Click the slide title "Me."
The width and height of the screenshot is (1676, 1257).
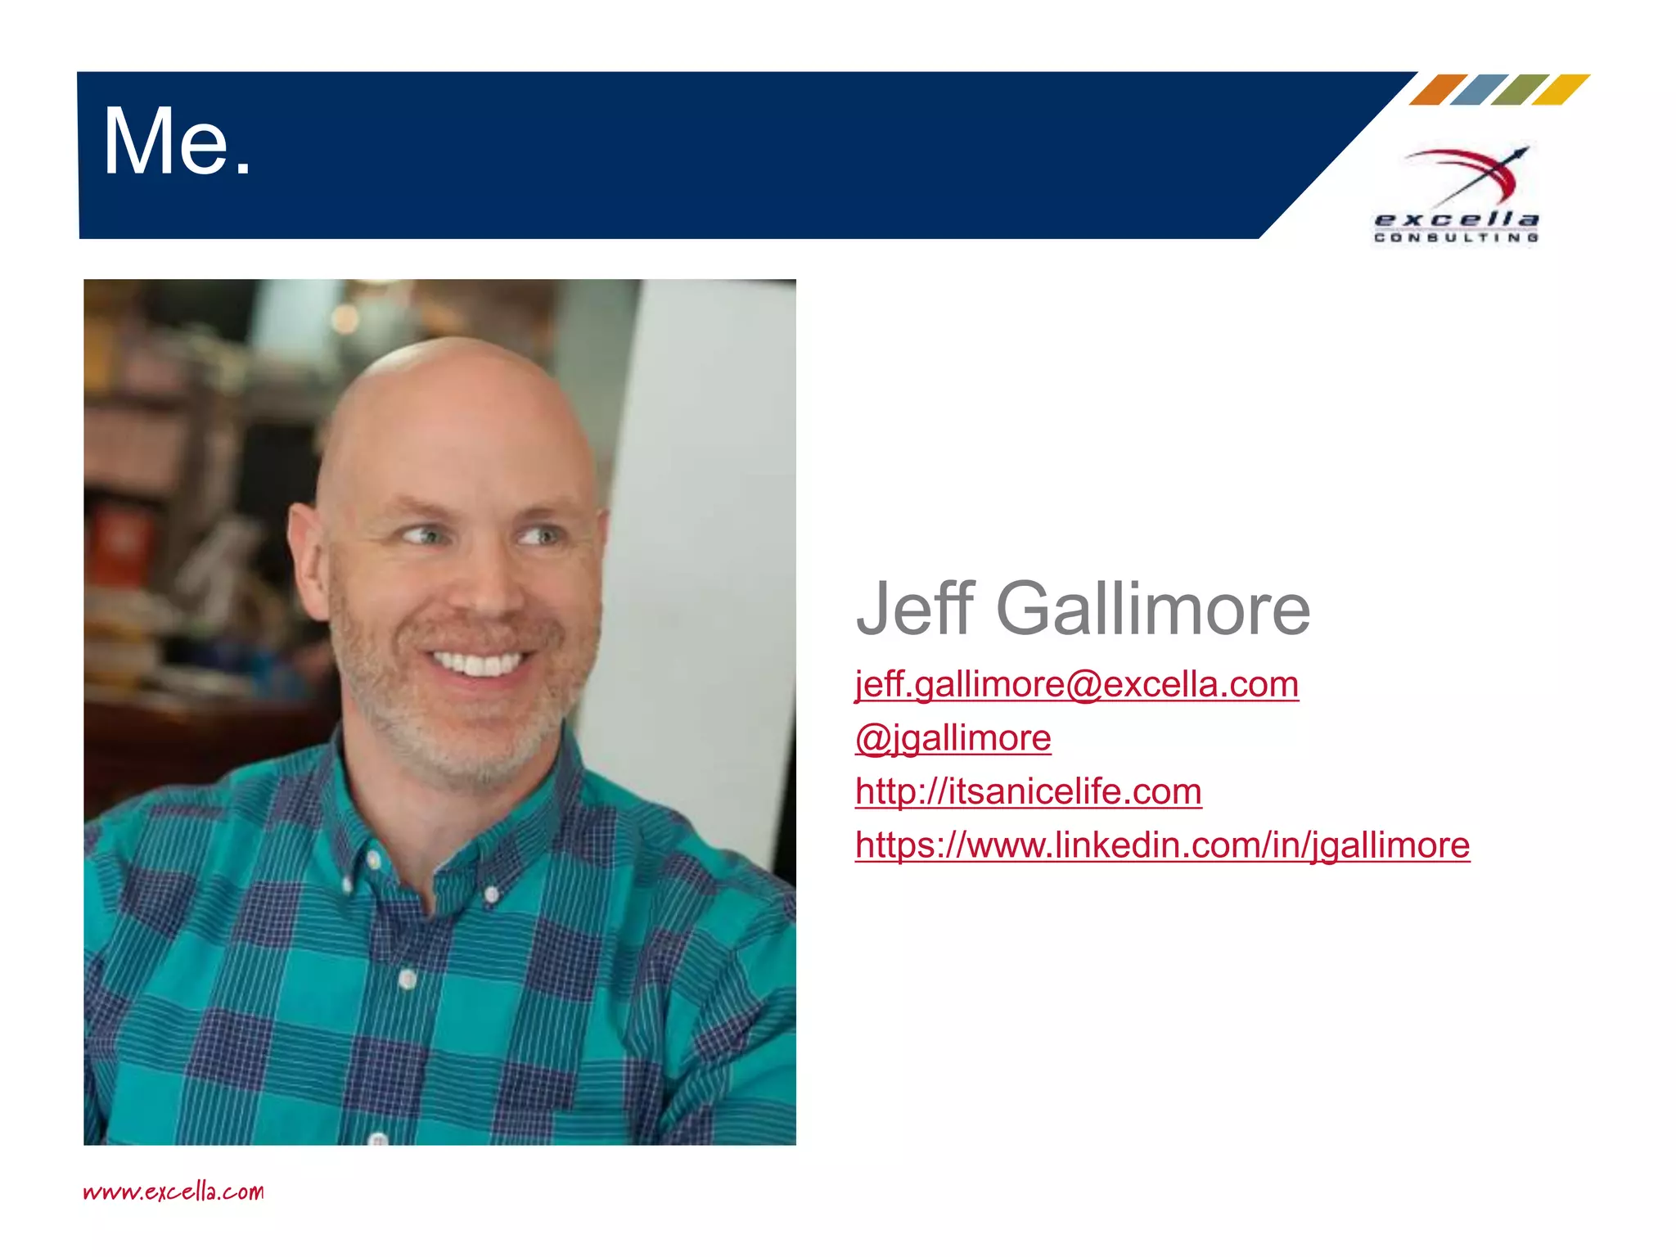point(177,142)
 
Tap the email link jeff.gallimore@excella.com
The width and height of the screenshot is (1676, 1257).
point(1076,684)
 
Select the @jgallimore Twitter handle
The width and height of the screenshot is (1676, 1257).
point(953,738)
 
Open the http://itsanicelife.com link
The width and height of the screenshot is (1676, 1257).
point(1028,791)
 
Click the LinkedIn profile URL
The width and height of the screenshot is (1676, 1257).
point(1162,845)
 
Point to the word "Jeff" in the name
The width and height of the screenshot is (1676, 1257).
point(915,609)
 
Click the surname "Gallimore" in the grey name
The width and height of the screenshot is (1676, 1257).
point(1152,609)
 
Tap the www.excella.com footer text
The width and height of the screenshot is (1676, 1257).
point(173,1192)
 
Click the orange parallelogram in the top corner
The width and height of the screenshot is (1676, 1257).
point(1438,89)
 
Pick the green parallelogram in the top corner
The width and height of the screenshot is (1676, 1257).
point(1520,89)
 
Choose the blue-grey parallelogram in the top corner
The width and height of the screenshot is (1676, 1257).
point(1479,89)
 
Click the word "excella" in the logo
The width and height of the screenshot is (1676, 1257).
point(1456,219)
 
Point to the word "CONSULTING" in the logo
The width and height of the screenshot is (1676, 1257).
point(1456,238)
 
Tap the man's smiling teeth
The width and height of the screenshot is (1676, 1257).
point(478,662)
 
